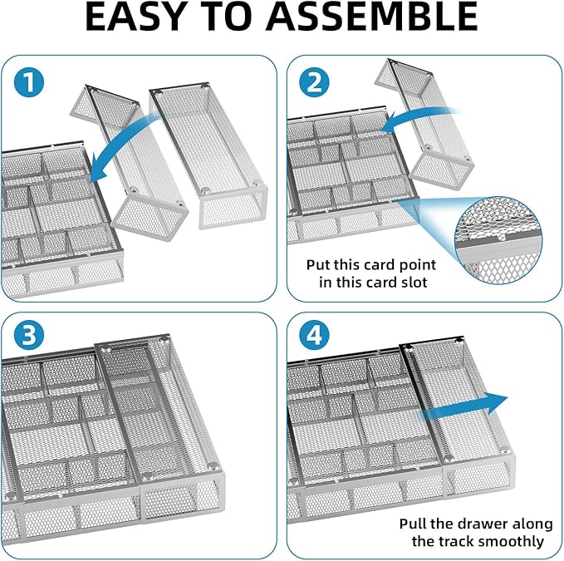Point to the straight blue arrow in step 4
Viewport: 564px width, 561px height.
pos(465,404)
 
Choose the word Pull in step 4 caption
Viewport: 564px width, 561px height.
pos(414,524)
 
